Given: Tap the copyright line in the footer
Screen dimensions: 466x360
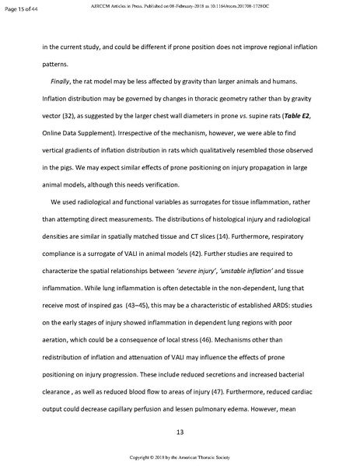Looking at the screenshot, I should pos(180,458).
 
